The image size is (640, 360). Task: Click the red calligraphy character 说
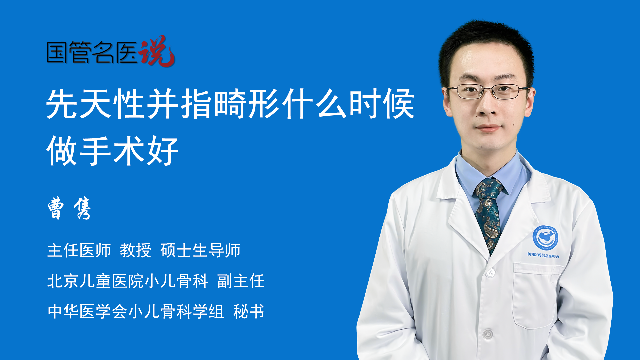pos(157,51)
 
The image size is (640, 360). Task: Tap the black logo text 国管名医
pos(92,52)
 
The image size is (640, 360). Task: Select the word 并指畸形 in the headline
pos(214,104)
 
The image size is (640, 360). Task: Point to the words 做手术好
pos(113,151)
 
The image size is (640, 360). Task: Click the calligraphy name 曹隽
pos(69,208)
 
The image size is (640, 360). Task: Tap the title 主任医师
pos(79,250)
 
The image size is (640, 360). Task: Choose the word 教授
pos(136,250)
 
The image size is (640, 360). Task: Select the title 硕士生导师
pos(200,250)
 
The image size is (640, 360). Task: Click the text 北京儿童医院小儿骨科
pos(128,281)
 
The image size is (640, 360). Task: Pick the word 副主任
pos(241,281)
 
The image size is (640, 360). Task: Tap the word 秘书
pos(249,311)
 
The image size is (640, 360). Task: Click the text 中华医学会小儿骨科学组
pos(136,311)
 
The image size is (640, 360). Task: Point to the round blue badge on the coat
pos(545,237)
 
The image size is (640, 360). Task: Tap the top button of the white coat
pos(490,273)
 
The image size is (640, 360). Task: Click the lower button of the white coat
pos(488,334)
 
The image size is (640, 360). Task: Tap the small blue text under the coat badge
pos(543,255)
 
